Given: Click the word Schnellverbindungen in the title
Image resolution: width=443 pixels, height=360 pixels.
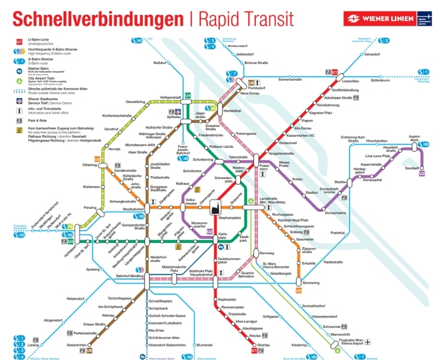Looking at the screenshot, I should (98, 18).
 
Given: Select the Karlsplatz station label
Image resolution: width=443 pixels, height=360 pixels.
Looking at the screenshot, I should (223, 236).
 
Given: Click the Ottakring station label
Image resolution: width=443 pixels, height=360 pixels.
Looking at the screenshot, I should (90, 165).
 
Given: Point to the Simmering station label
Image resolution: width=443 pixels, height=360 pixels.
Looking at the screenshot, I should (311, 282).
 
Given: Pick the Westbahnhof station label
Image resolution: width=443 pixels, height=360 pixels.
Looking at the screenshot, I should (133, 209).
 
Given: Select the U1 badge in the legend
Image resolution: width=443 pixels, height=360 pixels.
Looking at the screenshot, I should (19, 42).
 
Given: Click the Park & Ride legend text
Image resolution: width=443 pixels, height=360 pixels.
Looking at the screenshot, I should (38, 120).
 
